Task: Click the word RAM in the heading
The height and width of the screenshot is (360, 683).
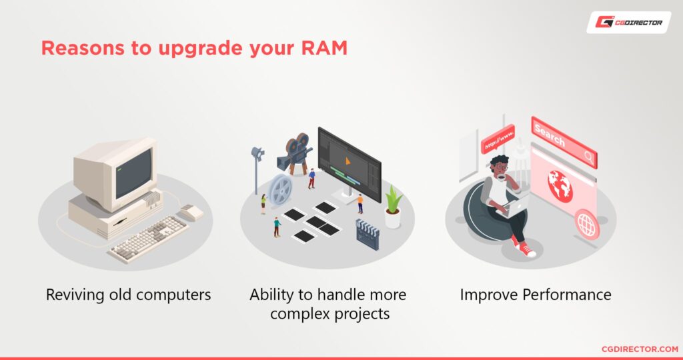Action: pyautogui.click(x=325, y=49)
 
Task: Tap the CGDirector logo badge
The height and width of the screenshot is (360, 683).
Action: pyautogui.click(x=629, y=22)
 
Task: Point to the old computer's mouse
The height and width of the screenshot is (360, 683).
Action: pyautogui.click(x=191, y=212)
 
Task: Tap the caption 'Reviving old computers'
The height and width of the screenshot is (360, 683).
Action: pyautogui.click(x=128, y=295)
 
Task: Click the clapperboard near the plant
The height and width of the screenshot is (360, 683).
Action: pyautogui.click(x=367, y=233)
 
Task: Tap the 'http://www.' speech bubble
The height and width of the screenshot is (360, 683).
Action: pyautogui.click(x=499, y=138)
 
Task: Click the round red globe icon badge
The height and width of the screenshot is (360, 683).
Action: pyautogui.click(x=587, y=225)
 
